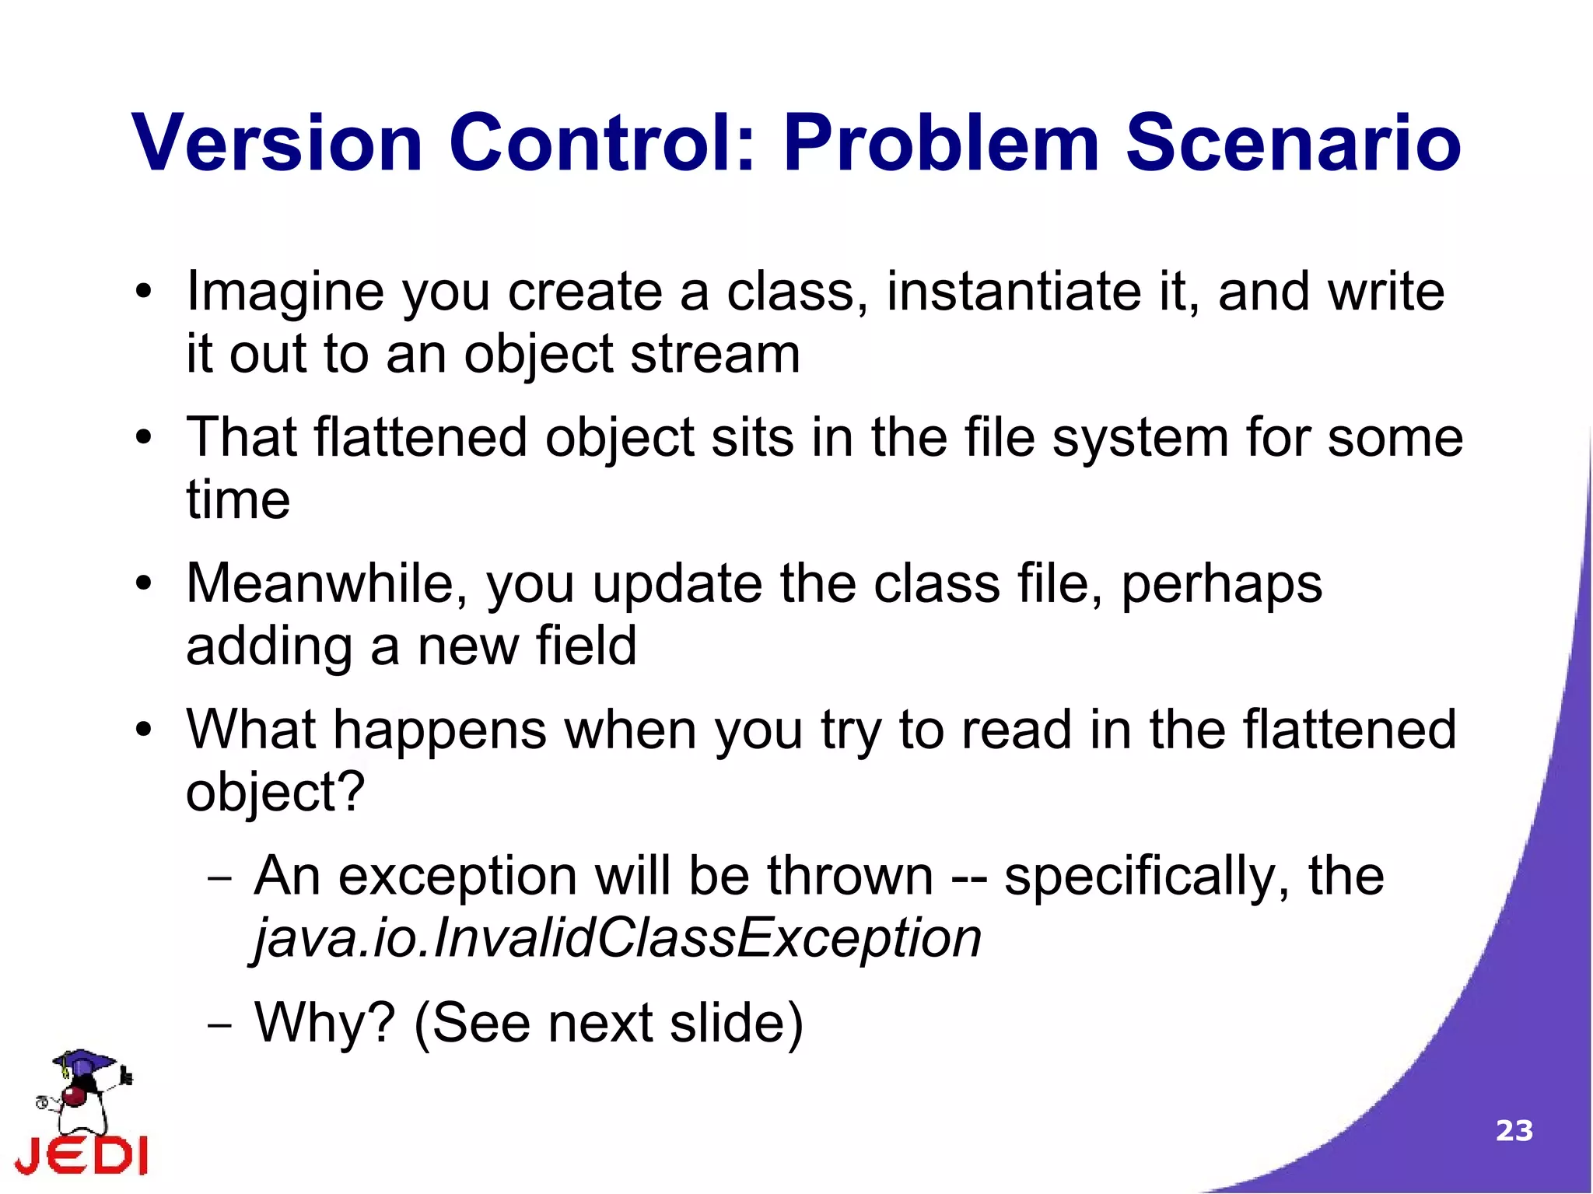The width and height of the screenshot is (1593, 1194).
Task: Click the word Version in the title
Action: coord(278,144)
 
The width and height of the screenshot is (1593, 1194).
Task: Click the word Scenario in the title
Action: coord(1293,144)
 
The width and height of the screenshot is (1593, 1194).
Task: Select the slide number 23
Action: coord(1514,1130)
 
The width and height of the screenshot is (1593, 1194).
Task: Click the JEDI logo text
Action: coord(82,1154)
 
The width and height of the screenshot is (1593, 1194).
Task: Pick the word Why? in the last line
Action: coord(325,1022)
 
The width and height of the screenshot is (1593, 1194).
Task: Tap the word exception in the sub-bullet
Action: coord(457,877)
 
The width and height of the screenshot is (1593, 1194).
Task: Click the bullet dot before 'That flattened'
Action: coord(143,438)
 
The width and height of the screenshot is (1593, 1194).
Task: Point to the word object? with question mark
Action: coord(275,793)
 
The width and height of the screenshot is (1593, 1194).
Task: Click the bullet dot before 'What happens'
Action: coord(143,730)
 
